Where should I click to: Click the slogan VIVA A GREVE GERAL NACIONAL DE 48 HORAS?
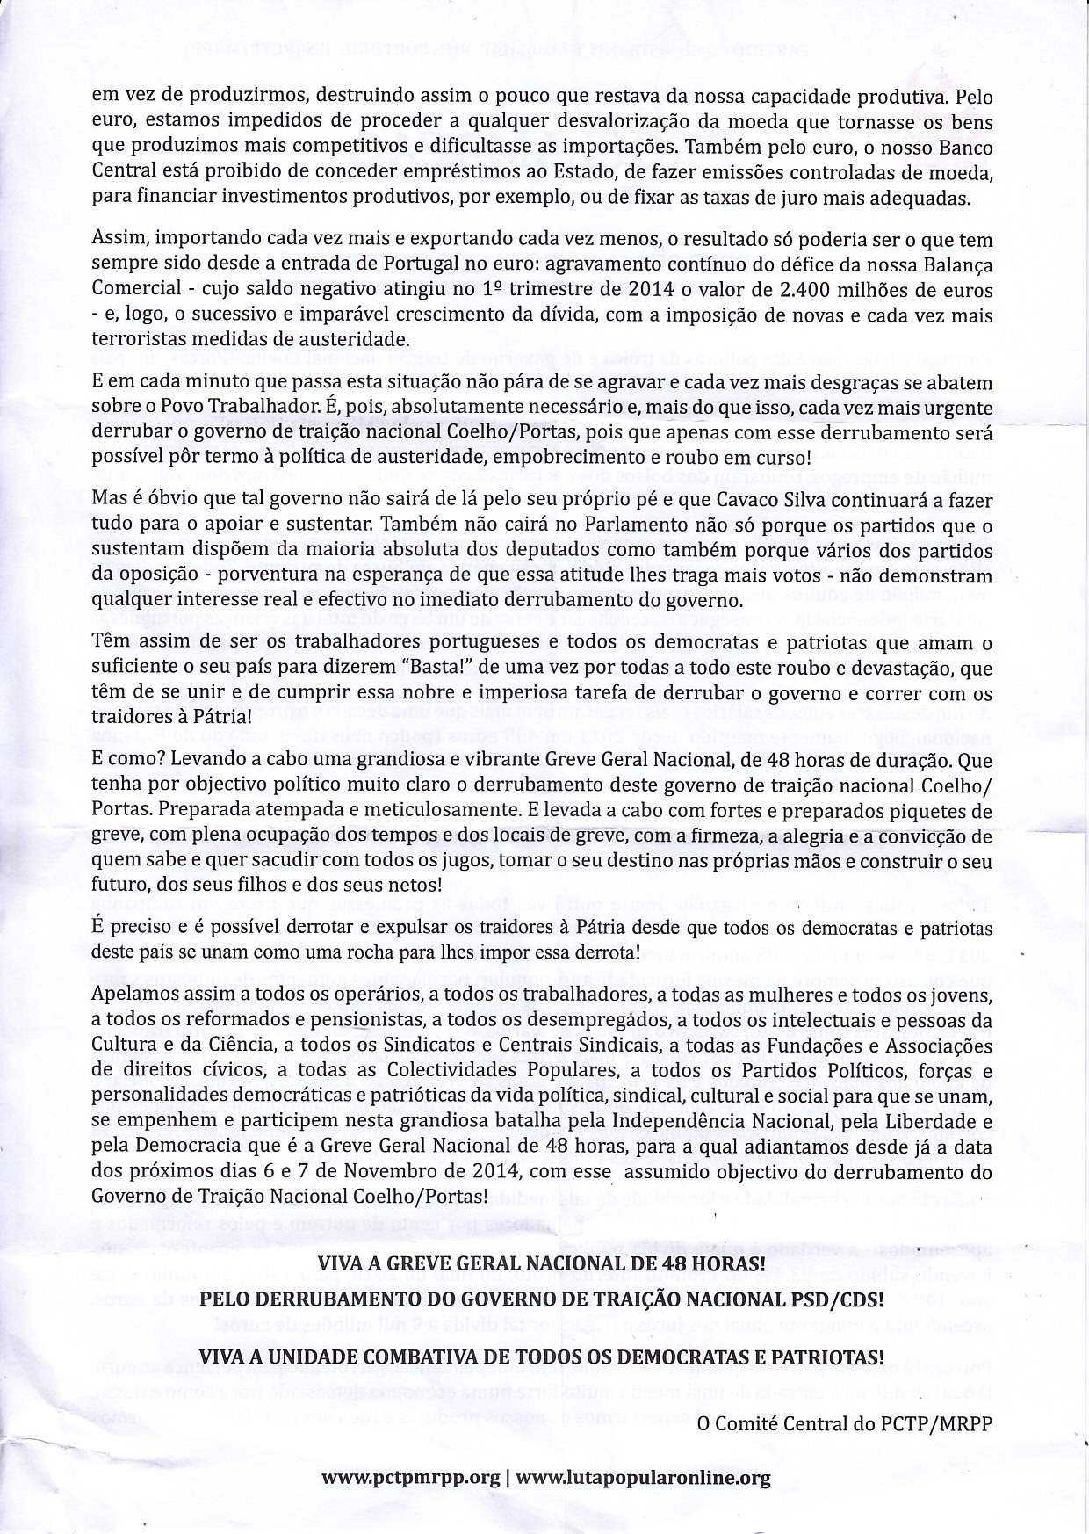[541, 1264]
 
